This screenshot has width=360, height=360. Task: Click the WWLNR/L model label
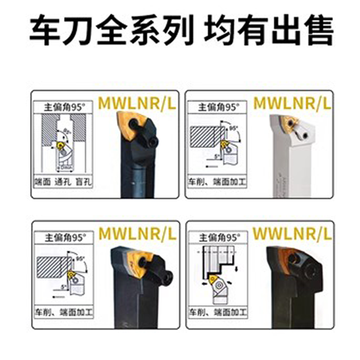292,233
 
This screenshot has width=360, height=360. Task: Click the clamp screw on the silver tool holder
305,134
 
